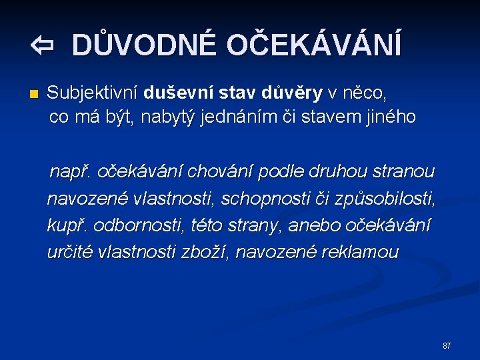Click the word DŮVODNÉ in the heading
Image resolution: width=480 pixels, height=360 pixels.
coord(143,45)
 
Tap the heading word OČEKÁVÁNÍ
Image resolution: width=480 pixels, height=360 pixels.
coord(313,45)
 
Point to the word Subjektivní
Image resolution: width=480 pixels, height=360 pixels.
coord(93,91)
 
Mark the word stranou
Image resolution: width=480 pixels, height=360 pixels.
coord(406,172)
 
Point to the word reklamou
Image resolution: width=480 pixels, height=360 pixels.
coord(359,252)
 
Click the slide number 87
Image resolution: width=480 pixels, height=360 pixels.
coord(446,345)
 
